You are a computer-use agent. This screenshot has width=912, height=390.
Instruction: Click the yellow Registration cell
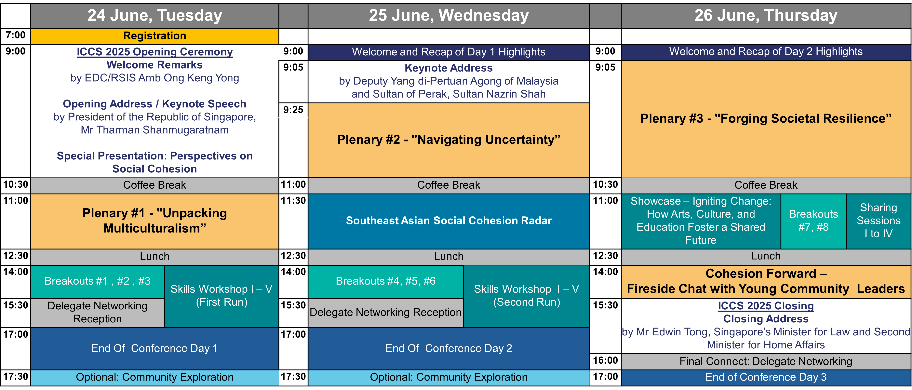pyautogui.click(x=155, y=36)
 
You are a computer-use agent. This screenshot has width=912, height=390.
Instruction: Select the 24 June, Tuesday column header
pyautogui.click(x=155, y=16)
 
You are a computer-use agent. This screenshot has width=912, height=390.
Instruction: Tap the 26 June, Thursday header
pyautogui.click(x=766, y=16)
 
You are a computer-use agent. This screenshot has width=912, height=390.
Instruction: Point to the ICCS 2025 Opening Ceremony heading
pyautogui.click(x=155, y=52)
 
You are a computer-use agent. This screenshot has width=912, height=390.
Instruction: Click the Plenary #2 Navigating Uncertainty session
pyautogui.click(x=449, y=140)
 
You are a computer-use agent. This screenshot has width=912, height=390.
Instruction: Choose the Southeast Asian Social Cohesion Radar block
pyautogui.click(x=449, y=221)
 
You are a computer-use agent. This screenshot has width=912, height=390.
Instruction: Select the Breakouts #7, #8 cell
pyautogui.click(x=814, y=221)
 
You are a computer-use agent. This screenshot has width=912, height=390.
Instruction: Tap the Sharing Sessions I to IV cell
pyautogui.click(x=879, y=221)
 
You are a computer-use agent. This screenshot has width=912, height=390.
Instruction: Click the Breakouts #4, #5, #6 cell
pyautogui.click(x=385, y=282)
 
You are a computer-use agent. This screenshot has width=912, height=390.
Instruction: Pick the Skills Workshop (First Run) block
pyautogui.click(x=222, y=296)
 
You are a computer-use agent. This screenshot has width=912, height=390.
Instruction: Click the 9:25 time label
pyautogui.click(x=293, y=110)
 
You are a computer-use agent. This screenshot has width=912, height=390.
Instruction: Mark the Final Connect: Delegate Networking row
pyautogui.click(x=766, y=362)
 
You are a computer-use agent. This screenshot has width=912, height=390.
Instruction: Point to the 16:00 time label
pyautogui.click(x=605, y=361)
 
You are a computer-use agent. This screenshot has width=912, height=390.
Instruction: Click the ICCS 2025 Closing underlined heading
pyautogui.click(x=766, y=306)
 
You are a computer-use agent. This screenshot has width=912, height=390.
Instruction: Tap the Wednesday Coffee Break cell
pyautogui.click(x=449, y=185)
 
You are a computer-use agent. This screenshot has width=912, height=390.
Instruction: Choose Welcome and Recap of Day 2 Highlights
pyautogui.click(x=766, y=52)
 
